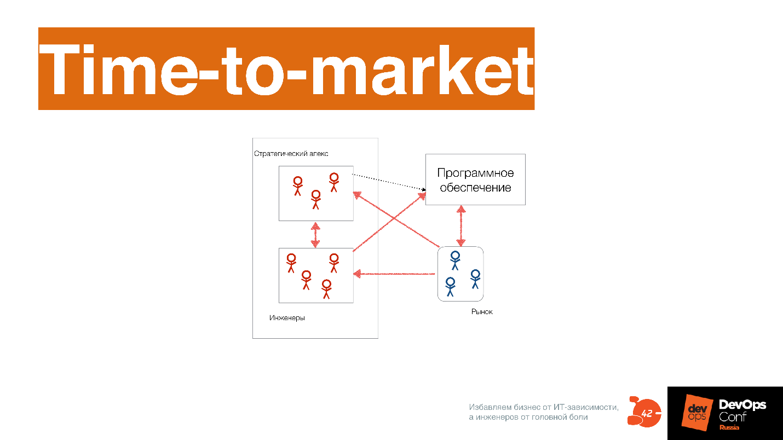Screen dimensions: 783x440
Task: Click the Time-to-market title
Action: (286, 70)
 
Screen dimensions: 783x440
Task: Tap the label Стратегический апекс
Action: (291, 153)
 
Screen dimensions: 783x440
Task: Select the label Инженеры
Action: (287, 317)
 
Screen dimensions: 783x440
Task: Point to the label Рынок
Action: (482, 311)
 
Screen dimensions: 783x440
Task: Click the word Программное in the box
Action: (475, 172)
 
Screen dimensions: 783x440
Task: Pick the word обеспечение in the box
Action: (475, 188)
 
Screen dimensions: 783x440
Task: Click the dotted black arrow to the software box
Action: (389, 182)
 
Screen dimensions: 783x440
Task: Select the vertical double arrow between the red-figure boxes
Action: (315, 235)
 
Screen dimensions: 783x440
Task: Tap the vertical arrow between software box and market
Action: (461, 226)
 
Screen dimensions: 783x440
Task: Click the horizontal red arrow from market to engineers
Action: (394, 274)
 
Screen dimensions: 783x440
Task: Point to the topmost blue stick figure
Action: (455, 260)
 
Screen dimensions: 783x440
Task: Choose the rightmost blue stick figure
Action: (475, 279)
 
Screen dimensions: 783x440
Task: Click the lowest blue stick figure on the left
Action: (450, 287)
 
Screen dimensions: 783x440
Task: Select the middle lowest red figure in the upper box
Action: (315, 200)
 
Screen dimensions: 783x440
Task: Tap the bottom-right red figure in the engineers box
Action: (326, 289)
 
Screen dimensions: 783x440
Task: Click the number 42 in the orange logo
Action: (647, 414)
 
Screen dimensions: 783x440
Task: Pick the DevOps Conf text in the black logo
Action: (742, 410)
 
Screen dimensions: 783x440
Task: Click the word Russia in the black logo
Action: (729, 427)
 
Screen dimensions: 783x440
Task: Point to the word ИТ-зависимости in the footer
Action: (586, 407)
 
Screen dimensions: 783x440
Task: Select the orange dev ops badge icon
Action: (697, 413)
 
